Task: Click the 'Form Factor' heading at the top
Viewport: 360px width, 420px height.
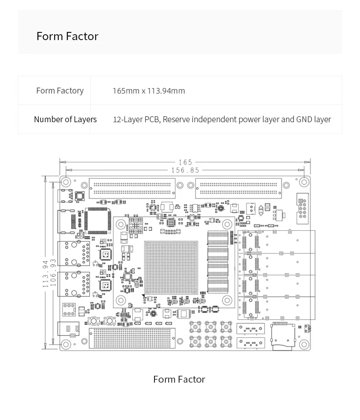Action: pos(67,36)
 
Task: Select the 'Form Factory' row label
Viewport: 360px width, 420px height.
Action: pos(60,91)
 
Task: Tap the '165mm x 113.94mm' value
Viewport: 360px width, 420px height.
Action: pos(149,91)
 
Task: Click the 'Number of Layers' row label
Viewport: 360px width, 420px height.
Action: pos(65,119)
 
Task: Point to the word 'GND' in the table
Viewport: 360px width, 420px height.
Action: pos(304,119)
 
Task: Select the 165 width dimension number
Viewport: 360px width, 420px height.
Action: pos(185,162)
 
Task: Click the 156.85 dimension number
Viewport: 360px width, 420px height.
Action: pos(185,170)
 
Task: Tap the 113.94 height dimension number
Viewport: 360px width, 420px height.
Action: pos(46,274)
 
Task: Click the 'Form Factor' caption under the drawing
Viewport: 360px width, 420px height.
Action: pos(179,379)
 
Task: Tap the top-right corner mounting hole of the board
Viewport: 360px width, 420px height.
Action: pos(304,181)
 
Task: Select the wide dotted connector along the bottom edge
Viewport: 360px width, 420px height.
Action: pos(132,338)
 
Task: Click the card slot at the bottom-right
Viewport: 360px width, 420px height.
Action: pos(283,336)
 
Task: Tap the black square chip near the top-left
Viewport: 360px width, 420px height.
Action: pos(97,221)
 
